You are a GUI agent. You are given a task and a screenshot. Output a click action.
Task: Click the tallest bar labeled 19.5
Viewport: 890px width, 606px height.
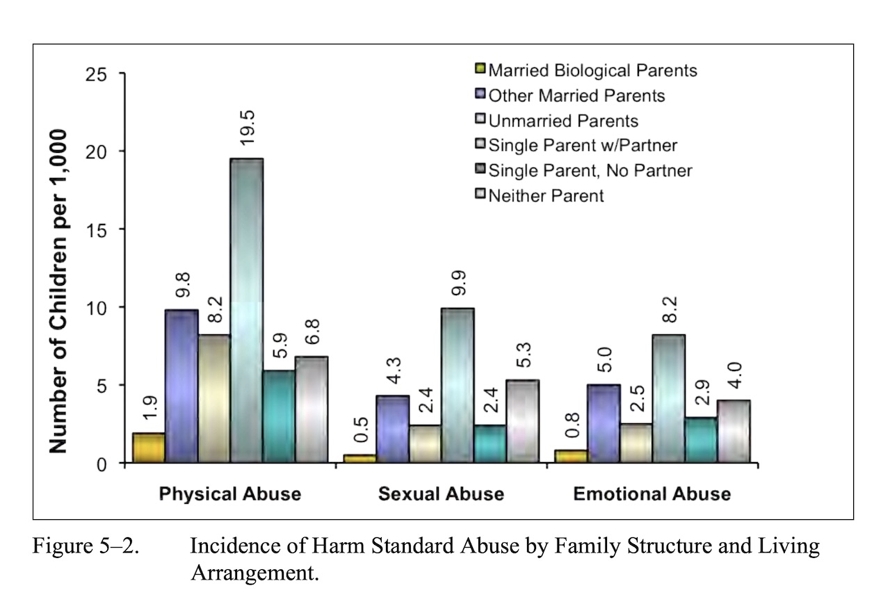tap(247, 310)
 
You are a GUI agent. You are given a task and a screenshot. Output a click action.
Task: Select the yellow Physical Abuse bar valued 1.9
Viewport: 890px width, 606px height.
tap(149, 448)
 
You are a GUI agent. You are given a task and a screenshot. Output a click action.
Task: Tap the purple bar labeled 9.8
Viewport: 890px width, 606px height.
tap(181, 386)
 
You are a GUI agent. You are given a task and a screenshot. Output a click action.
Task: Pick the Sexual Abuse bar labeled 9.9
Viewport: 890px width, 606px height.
tap(458, 385)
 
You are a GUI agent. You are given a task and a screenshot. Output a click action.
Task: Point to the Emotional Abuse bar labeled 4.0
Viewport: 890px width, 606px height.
tap(734, 432)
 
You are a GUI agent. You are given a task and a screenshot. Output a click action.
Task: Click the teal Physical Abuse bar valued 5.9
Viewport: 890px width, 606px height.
tap(280, 416)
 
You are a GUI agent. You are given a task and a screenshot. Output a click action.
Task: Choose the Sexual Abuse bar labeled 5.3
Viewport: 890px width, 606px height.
tap(522, 421)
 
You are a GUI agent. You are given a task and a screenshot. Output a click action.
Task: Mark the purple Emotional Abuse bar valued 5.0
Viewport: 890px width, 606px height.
tap(604, 424)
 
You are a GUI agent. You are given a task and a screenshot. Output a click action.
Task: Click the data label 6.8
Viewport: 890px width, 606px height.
tap(313, 331)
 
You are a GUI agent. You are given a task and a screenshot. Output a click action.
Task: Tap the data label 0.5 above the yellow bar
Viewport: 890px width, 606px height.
tap(361, 429)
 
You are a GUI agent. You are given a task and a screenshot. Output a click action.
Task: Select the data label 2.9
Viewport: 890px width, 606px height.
tap(702, 393)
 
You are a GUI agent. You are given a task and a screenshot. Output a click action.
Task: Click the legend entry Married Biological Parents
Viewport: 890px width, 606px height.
tap(586, 70)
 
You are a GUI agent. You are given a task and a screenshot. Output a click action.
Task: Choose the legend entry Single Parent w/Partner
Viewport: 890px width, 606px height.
tap(576, 145)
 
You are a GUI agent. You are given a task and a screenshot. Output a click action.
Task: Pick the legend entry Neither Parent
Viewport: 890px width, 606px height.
tap(540, 195)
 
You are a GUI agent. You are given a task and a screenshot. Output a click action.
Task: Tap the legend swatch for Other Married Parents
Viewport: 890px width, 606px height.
tap(480, 94)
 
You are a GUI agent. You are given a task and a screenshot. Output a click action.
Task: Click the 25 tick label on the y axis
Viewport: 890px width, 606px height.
tap(96, 74)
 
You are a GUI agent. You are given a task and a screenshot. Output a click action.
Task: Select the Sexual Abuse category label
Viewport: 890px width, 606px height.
tap(441, 493)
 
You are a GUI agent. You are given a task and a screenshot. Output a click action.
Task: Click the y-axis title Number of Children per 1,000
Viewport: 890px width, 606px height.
tap(58, 291)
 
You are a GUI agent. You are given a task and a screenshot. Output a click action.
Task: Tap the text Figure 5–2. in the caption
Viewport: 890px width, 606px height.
tap(86, 546)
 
